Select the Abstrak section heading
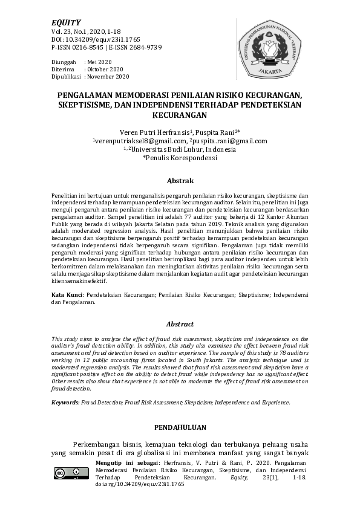(x=180, y=181)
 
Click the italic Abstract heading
(x=180, y=324)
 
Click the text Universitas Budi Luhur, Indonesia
(x=185, y=149)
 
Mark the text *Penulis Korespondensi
(x=179, y=158)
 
